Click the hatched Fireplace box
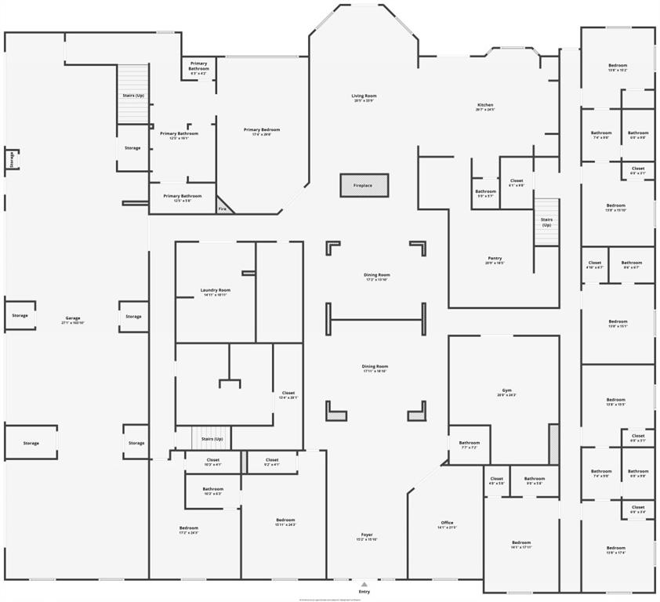click(364, 185)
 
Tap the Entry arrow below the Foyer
click(364, 584)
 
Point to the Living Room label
click(364, 96)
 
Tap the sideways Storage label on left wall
click(12, 159)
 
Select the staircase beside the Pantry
click(546, 221)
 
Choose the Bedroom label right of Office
click(521, 542)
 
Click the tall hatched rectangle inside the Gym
click(553, 443)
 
